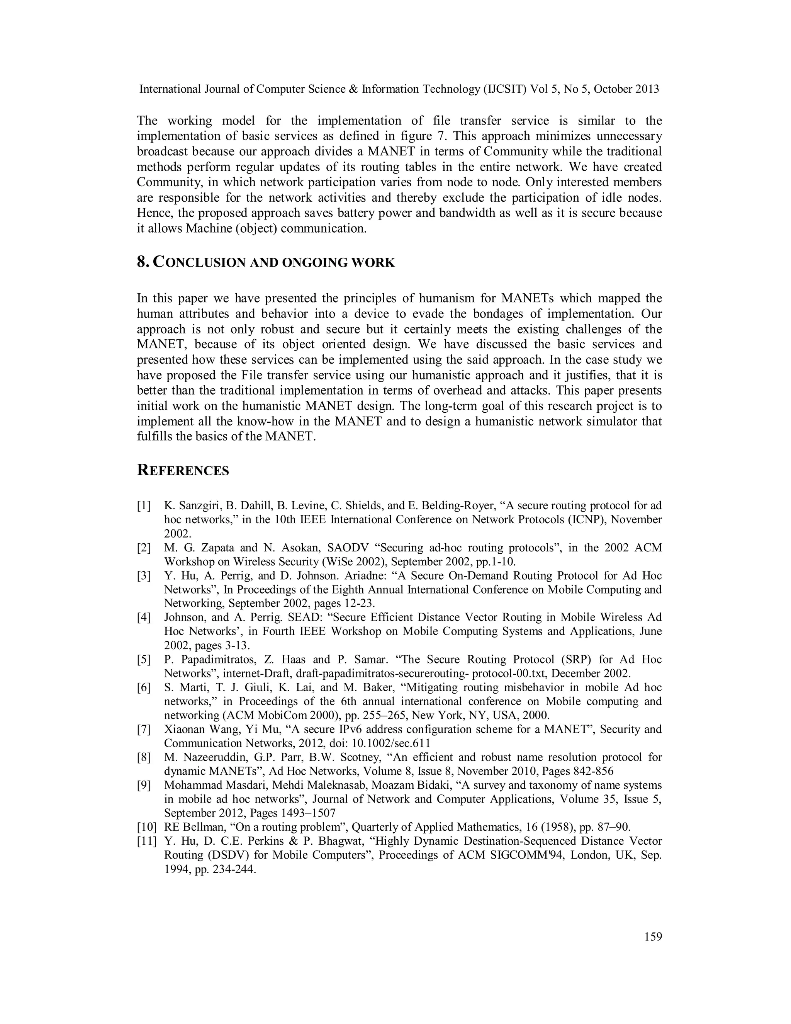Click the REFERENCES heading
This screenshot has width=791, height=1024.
pyautogui.click(x=183, y=471)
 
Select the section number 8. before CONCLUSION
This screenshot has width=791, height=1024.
pyautogui.click(x=143, y=262)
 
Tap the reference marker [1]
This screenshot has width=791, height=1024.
pyautogui.click(x=144, y=506)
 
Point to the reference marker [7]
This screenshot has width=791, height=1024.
pyautogui.click(x=144, y=729)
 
